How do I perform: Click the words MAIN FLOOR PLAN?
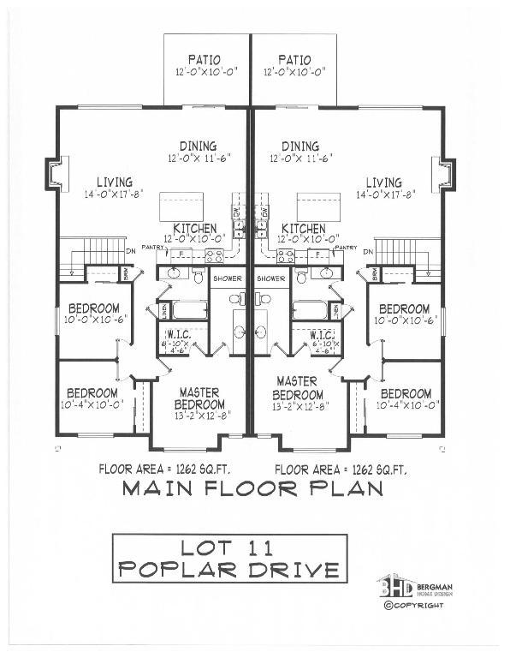[252, 489]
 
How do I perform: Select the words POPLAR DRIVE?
[229, 569]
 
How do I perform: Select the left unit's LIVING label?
[114, 182]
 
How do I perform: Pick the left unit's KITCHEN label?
[194, 229]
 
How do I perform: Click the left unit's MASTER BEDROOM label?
[199, 398]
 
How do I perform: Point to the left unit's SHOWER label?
[227, 278]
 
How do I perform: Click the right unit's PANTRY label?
[346, 248]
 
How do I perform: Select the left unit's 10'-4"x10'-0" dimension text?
[92, 404]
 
